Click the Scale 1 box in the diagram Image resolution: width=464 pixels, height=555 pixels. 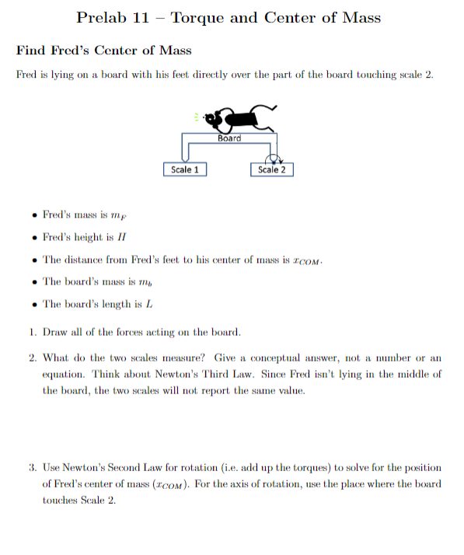185,169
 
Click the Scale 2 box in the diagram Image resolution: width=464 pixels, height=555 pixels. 271,169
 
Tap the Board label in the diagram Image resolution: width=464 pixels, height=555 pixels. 229,138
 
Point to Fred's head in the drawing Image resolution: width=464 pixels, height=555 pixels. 214,118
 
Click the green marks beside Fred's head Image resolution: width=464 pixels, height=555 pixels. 197,117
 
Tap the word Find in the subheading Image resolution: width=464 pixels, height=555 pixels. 31,51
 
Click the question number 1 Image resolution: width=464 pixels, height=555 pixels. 31,333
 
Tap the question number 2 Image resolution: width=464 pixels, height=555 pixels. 31,358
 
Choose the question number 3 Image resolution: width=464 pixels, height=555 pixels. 31,468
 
